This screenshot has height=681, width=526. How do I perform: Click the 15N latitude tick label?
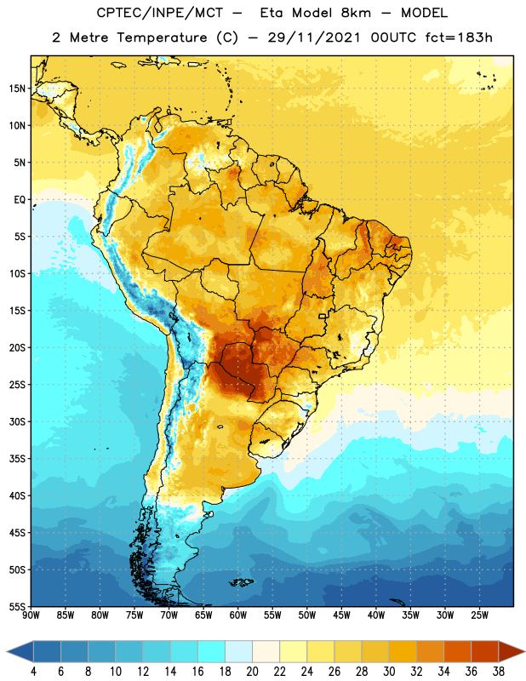(17, 89)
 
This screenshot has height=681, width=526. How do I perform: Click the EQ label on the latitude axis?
(20, 200)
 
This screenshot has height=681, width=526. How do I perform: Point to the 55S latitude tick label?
(17, 607)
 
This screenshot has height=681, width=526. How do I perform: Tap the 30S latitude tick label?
(17, 421)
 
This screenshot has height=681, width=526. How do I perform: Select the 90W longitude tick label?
(31, 615)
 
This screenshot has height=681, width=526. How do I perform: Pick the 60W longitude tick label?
(238, 615)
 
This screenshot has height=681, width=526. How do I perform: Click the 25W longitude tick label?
(479, 615)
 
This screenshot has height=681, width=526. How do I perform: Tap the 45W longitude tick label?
(341, 615)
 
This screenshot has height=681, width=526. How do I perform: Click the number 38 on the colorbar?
(499, 672)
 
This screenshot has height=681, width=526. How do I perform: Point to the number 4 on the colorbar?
(33, 672)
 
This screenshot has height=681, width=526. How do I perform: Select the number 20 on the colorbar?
(252, 672)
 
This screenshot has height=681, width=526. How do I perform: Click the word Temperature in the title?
(162, 37)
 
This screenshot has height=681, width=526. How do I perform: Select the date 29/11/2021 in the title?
(314, 37)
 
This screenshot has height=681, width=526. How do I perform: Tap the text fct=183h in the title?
(459, 37)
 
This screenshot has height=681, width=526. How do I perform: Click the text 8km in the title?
(356, 13)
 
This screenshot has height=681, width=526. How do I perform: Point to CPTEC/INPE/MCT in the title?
(160, 13)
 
